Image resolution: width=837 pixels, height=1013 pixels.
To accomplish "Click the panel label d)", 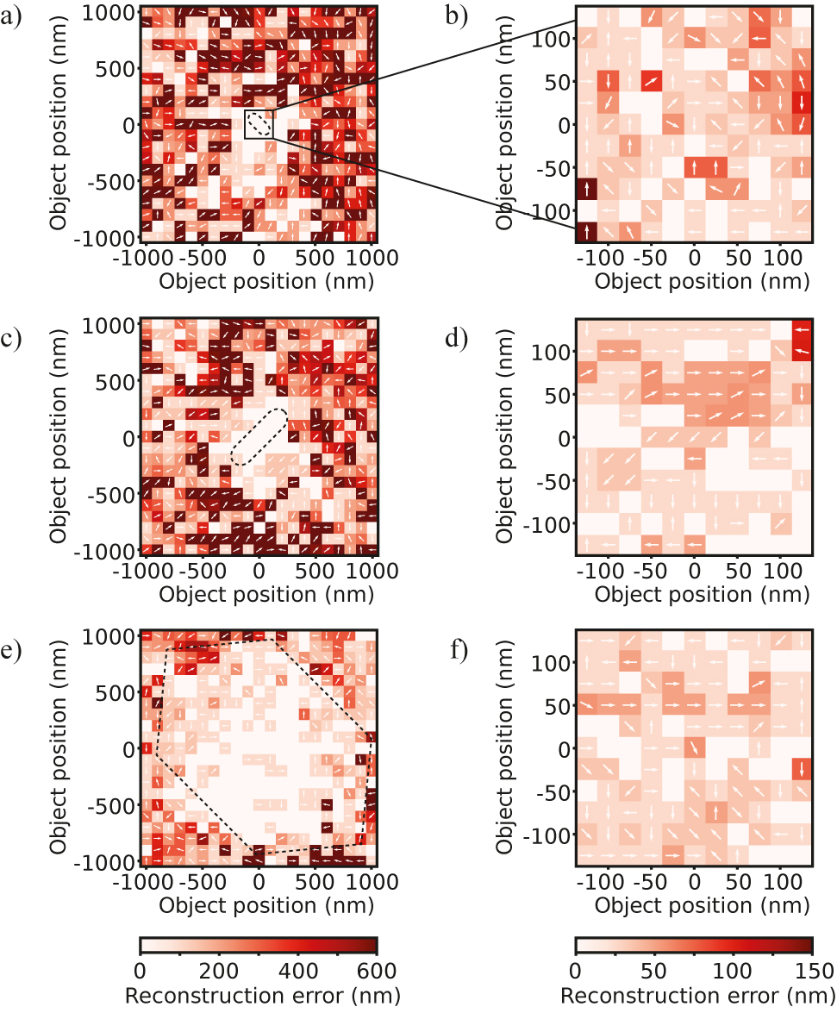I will [x=455, y=337].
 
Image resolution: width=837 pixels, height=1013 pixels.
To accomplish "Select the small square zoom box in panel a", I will [x=259, y=124].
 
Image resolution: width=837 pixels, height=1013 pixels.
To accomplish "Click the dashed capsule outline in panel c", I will [x=260, y=437].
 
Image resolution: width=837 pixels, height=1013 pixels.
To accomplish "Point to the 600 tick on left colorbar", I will [x=377, y=969].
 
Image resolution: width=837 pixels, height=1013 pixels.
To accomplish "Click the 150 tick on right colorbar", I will [x=811, y=969].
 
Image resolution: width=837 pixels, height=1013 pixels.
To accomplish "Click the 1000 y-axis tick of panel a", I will [x=110, y=12].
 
